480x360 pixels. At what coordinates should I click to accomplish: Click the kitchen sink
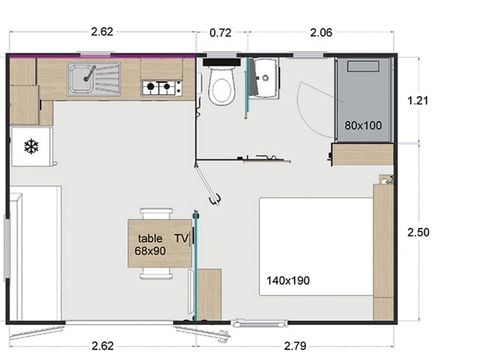click(93, 75)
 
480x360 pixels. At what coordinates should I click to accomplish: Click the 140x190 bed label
click(287, 280)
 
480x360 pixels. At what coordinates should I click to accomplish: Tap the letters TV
click(181, 238)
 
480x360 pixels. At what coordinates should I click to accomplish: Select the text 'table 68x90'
click(151, 245)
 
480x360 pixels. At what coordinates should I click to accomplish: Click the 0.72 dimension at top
click(221, 33)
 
